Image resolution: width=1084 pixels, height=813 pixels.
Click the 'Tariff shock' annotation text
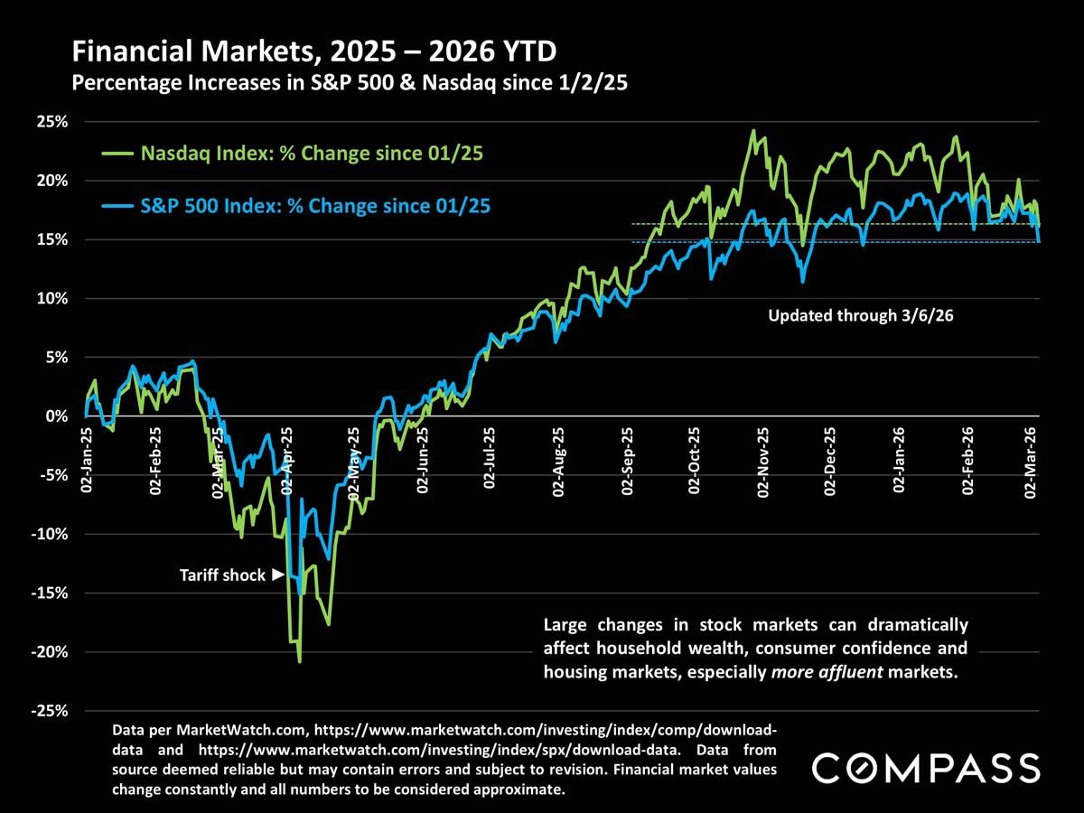click(222, 575)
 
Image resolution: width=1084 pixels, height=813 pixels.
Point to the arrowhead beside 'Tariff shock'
click(278, 575)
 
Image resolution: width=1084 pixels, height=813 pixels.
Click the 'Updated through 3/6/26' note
click(846, 316)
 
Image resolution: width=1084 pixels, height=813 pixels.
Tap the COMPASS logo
click(926, 768)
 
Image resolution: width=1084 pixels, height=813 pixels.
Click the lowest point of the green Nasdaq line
click(299, 662)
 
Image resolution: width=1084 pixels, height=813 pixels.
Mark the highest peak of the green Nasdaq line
click(753, 130)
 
